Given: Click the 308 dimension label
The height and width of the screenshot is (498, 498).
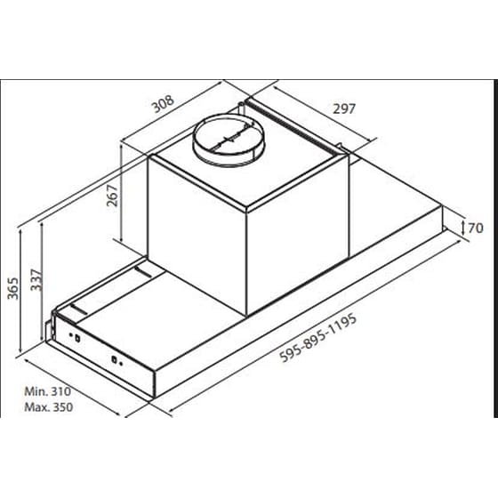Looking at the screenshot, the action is coord(164,103).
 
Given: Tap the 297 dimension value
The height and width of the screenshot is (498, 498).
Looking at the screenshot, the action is coord(344,108).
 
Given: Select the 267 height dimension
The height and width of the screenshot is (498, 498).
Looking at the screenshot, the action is coord(112,195).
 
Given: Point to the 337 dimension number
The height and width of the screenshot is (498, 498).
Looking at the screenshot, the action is coord(36,280).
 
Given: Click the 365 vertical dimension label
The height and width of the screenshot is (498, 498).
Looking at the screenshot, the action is coord(13,288).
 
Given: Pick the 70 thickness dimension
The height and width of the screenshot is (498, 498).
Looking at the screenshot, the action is coord(476,228).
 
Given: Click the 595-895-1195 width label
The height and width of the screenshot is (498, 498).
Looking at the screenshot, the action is coord(318,337).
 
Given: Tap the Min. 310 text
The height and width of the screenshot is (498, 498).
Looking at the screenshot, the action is coord(48,391).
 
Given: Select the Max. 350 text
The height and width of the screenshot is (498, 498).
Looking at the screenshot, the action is coord(49,407).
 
